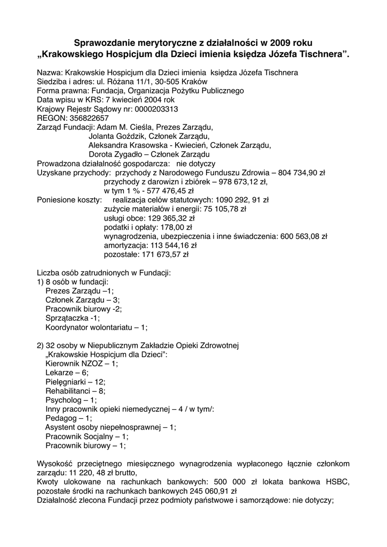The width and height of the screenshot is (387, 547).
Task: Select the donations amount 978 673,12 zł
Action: [242, 182]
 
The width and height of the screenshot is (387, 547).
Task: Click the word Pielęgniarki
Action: [66, 381]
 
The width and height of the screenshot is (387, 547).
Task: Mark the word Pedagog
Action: [61, 418]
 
